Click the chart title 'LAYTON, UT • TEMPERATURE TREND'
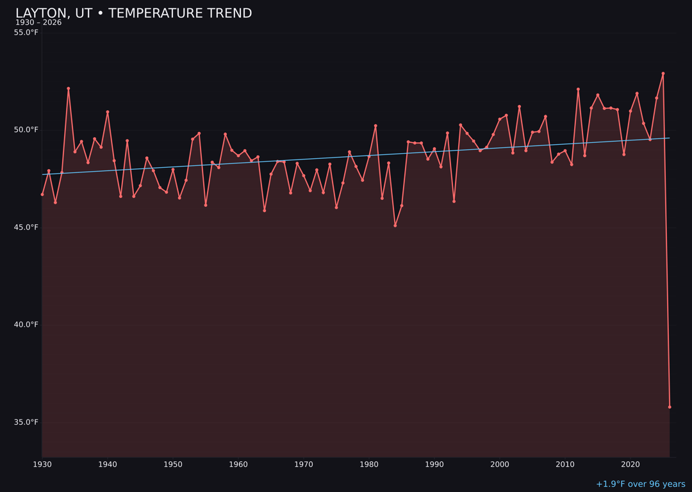(133, 13)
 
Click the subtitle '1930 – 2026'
(38, 22)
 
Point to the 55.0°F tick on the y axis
(26, 33)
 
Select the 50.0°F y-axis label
(26, 130)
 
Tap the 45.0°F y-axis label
(26, 227)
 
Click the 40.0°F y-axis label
(26, 325)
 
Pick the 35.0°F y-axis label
(26, 422)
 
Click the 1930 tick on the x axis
(42, 464)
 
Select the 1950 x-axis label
(173, 464)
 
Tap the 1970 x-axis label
(304, 464)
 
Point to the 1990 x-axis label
(434, 464)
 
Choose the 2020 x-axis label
(630, 464)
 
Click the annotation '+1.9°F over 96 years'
(640, 484)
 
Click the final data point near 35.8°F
(670, 407)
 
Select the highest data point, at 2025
(663, 74)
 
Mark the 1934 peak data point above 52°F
(69, 88)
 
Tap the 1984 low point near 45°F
(395, 225)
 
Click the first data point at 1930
(42, 194)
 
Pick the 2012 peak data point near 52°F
(578, 90)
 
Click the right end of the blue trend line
(670, 138)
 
